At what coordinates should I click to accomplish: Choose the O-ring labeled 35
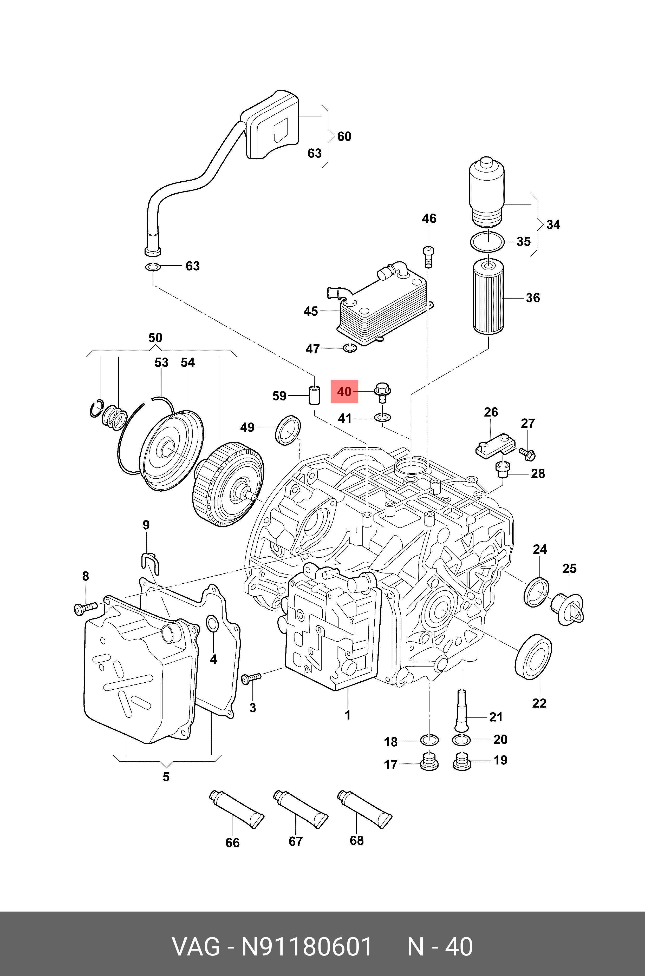[487, 241]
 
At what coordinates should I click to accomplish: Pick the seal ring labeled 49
[288, 430]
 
